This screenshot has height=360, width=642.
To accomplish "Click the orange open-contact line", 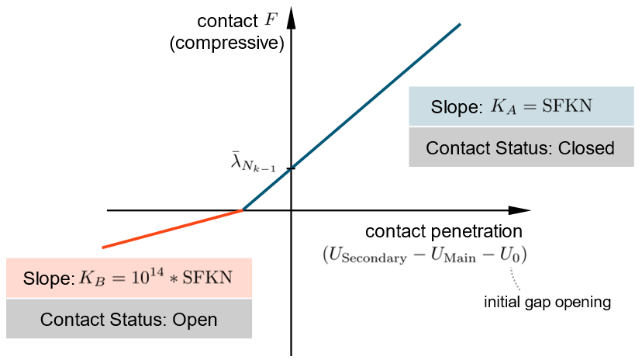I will coord(171,229).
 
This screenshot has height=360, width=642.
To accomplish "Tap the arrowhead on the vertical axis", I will coord(292,17).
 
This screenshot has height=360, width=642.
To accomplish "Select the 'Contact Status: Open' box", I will coord(129,319).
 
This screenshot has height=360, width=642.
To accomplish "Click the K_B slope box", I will coord(129,278).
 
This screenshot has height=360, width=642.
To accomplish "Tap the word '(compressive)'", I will coord(227,43).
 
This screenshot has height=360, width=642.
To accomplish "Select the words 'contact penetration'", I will coord(444,231).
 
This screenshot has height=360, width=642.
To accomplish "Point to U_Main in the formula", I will coord(450,254).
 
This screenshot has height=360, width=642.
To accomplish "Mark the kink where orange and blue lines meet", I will coord(243,210).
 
